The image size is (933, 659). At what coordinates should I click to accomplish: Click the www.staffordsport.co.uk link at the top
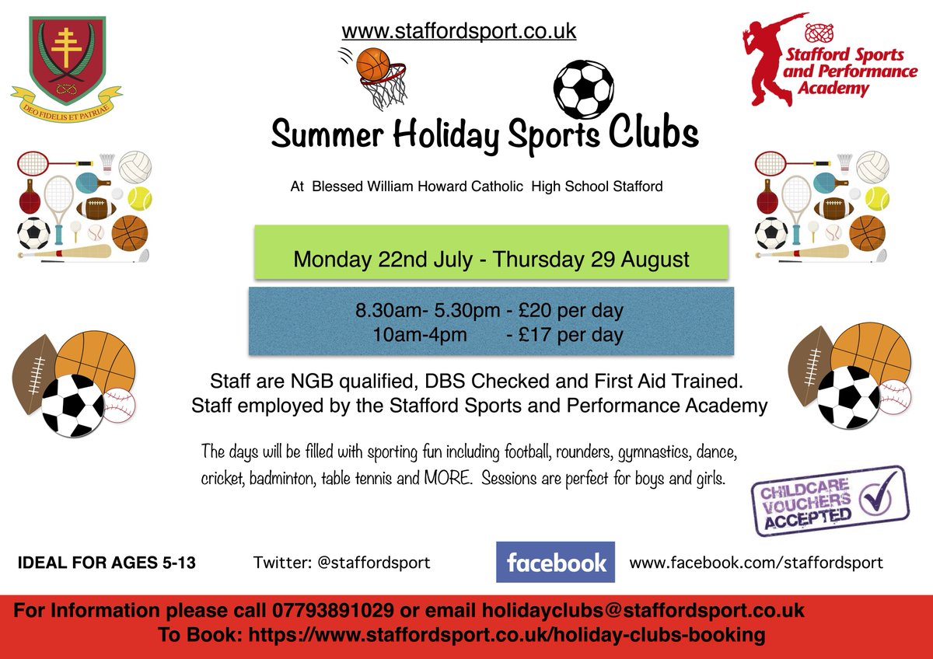[459, 32]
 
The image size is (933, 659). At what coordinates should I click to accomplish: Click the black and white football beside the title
[582, 88]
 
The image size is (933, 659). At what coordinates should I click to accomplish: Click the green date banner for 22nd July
[491, 260]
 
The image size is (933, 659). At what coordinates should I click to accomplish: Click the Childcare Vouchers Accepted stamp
[829, 501]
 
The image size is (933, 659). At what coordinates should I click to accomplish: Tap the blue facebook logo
[555, 563]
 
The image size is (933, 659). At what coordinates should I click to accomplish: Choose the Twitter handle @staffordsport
[373, 562]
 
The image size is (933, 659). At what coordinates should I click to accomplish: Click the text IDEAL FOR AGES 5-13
[107, 563]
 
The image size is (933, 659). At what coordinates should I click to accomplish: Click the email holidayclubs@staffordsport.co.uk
[643, 609]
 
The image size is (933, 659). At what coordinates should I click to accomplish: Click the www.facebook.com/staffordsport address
[756, 562]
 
